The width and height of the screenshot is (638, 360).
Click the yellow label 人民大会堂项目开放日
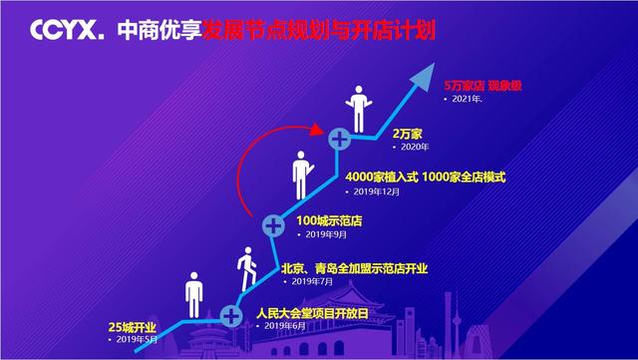click(x=312, y=315)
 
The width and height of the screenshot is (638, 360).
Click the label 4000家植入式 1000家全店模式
click(x=424, y=177)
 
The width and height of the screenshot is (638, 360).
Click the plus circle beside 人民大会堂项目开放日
click(x=231, y=316)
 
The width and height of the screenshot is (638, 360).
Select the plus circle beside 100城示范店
click(x=273, y=225)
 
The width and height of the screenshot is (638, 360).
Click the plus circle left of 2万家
click(x=340, y=138)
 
